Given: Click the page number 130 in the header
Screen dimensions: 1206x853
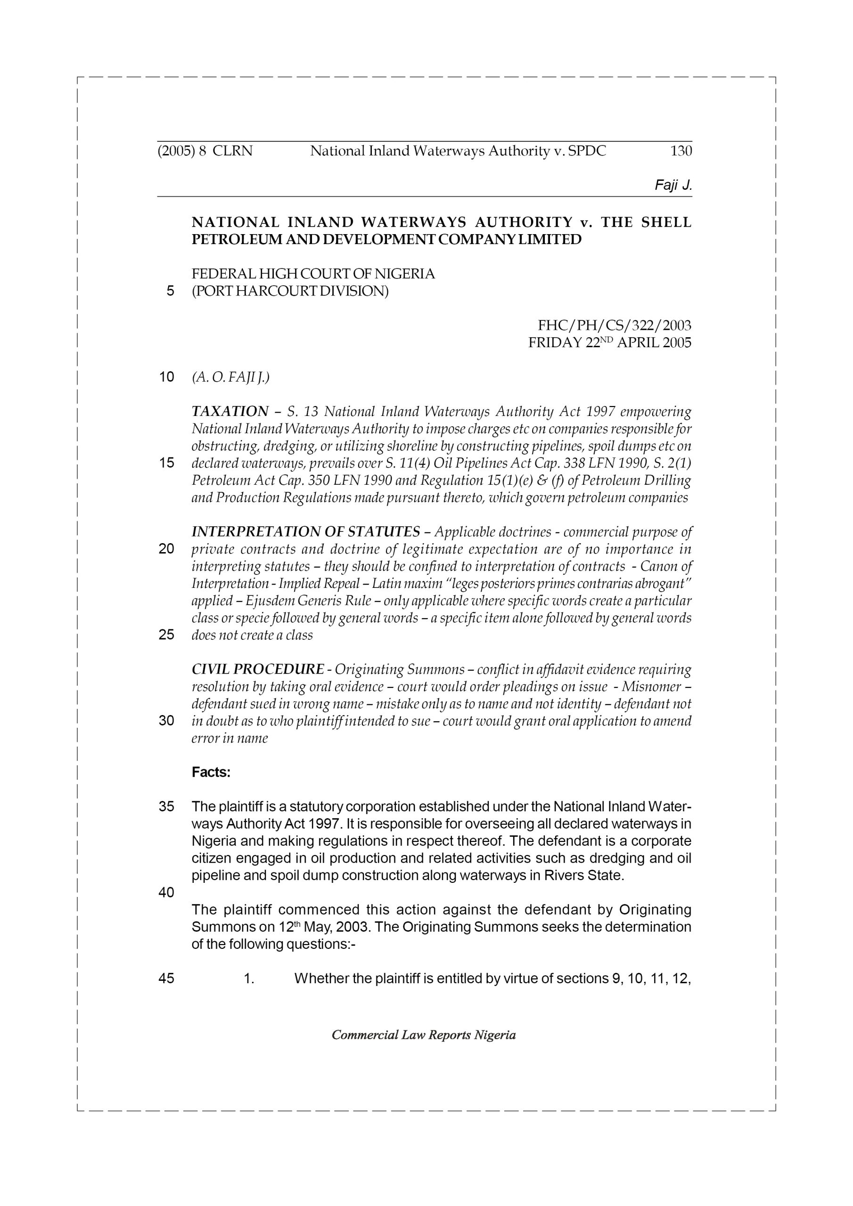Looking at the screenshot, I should [681, 151].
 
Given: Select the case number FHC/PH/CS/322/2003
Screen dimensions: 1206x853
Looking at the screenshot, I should [615, 326].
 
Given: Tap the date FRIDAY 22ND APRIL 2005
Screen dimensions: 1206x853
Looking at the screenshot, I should [610, 343].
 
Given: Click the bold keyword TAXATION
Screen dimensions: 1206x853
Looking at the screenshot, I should [230, 411].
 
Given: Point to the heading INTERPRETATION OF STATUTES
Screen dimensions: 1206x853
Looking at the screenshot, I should [305, 532].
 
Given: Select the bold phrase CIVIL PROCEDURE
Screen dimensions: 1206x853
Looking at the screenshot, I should [257, 670].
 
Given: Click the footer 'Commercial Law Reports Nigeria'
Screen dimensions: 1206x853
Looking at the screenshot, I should [424, 1035].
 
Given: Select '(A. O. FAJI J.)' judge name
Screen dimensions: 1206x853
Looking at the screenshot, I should [231, 377].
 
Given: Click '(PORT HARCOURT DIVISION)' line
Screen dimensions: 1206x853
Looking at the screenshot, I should [290, 291].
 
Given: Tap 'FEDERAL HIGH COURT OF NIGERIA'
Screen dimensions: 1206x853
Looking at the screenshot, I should [313, 274].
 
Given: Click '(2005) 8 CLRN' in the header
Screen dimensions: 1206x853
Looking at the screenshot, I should [205, 151].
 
